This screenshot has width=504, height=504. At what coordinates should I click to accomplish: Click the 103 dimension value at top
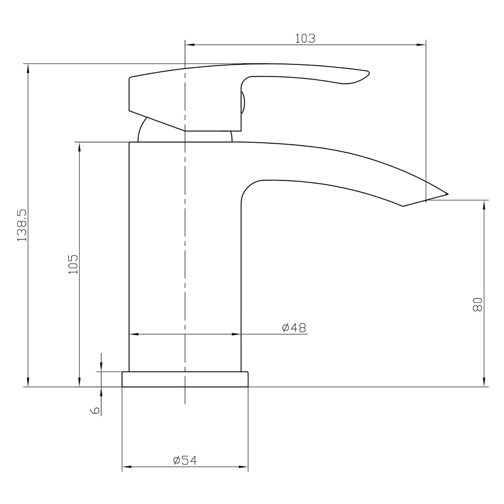click(305, 38)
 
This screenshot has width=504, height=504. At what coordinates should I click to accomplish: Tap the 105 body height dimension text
click(73, 263)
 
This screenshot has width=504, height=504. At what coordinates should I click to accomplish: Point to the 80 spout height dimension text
click(477, 304)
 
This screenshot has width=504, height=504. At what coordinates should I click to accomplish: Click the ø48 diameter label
click(294, 328)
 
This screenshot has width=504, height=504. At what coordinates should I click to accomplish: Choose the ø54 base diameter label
click(184, 460)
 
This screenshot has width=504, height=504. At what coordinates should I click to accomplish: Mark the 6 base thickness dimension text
click(94, 410)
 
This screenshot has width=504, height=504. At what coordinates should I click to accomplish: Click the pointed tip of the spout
click(447, 194)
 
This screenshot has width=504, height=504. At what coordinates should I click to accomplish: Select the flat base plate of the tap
click(185, 379)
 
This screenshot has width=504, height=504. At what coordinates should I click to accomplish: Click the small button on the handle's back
click(243, 103)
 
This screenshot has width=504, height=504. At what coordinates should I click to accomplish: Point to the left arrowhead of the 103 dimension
click(190, 45)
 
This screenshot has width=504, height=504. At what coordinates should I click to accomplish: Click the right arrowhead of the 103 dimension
click(422, 45)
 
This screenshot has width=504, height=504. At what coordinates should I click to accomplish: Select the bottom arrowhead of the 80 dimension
click(484, 383)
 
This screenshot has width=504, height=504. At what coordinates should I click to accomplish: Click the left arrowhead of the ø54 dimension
click(126, 467)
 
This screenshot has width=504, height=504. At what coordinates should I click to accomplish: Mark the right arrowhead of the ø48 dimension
click(236, 334)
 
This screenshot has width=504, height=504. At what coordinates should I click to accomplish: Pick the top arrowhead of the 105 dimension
click(79, 146)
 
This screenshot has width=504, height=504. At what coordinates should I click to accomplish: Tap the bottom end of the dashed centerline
click(185, 403)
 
